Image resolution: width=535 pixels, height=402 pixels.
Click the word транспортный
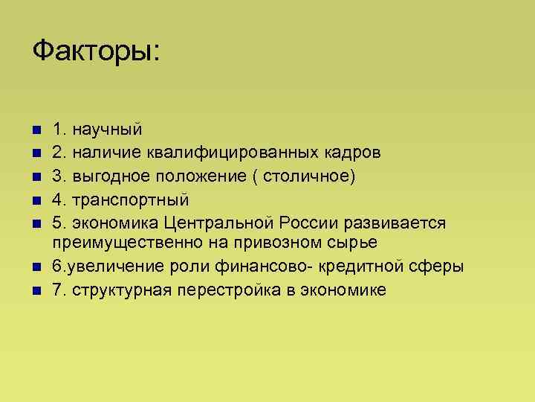coord(130,200)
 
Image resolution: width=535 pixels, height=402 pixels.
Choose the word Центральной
coord(220,223)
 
